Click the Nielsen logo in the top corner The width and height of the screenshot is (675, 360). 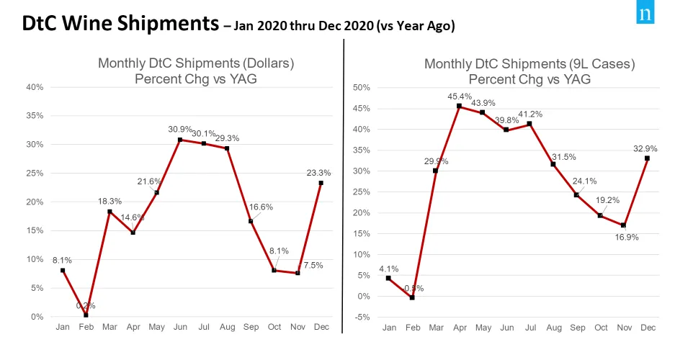(x=645, y=16)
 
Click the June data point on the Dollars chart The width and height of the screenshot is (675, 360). (x=180, y=140)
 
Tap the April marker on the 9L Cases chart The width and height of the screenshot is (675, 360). (x=459, y=106)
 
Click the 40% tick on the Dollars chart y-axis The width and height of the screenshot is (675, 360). (x=35, y=87)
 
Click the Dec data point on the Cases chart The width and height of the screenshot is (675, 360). (x=647, y=158)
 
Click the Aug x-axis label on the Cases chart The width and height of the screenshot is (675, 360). (x=553, y=328)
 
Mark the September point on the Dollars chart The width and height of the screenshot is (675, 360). (x=251, y=221)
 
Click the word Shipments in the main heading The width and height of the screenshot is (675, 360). (x=164, y=23)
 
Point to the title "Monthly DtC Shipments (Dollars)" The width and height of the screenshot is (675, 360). (x=196, y=64)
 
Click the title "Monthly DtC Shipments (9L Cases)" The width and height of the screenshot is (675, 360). (x=529, y=64)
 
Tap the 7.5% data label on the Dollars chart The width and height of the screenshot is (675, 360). (x=312, y=266)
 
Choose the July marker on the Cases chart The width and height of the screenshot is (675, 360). (x=529, y=124)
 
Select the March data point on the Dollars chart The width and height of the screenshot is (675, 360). (x=109, y=212)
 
